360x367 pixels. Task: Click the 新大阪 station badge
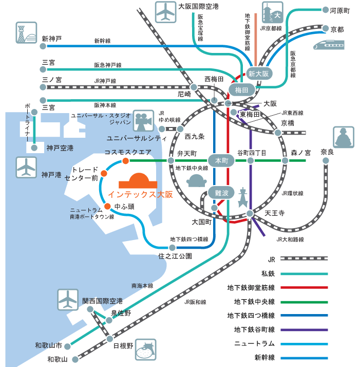(x=259, y=74)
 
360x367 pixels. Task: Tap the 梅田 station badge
(x=241, y=89)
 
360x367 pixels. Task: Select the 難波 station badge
(x=221, y=193)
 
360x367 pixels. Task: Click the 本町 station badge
(x=221, y=160)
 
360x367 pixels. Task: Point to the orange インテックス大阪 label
(x=140, y=194)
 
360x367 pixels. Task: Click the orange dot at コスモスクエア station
(x=126, y=161)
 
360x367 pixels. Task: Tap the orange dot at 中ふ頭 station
(x=107, y=206)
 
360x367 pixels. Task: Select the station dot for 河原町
(x=325, y=10)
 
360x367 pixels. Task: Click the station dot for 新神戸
(x=43, y=46)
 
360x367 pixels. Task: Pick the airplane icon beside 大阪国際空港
(x=165, y=12)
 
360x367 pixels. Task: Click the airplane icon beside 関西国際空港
(x=68, y=300)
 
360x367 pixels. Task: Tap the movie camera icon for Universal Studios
(x=143, y=121)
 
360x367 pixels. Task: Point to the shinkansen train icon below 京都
(x=329, y=45)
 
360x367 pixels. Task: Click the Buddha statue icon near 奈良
(x=344, y=137)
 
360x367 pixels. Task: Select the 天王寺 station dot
(x=250, y=213)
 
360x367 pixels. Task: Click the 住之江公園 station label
(x=175, y=256)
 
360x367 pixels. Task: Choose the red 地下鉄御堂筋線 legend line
(x=304, y=287)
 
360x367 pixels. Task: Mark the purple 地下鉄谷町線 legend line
(x=304, y=330)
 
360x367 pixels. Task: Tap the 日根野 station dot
(x=109, y=339)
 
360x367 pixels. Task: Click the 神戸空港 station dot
(x=34, y=148)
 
